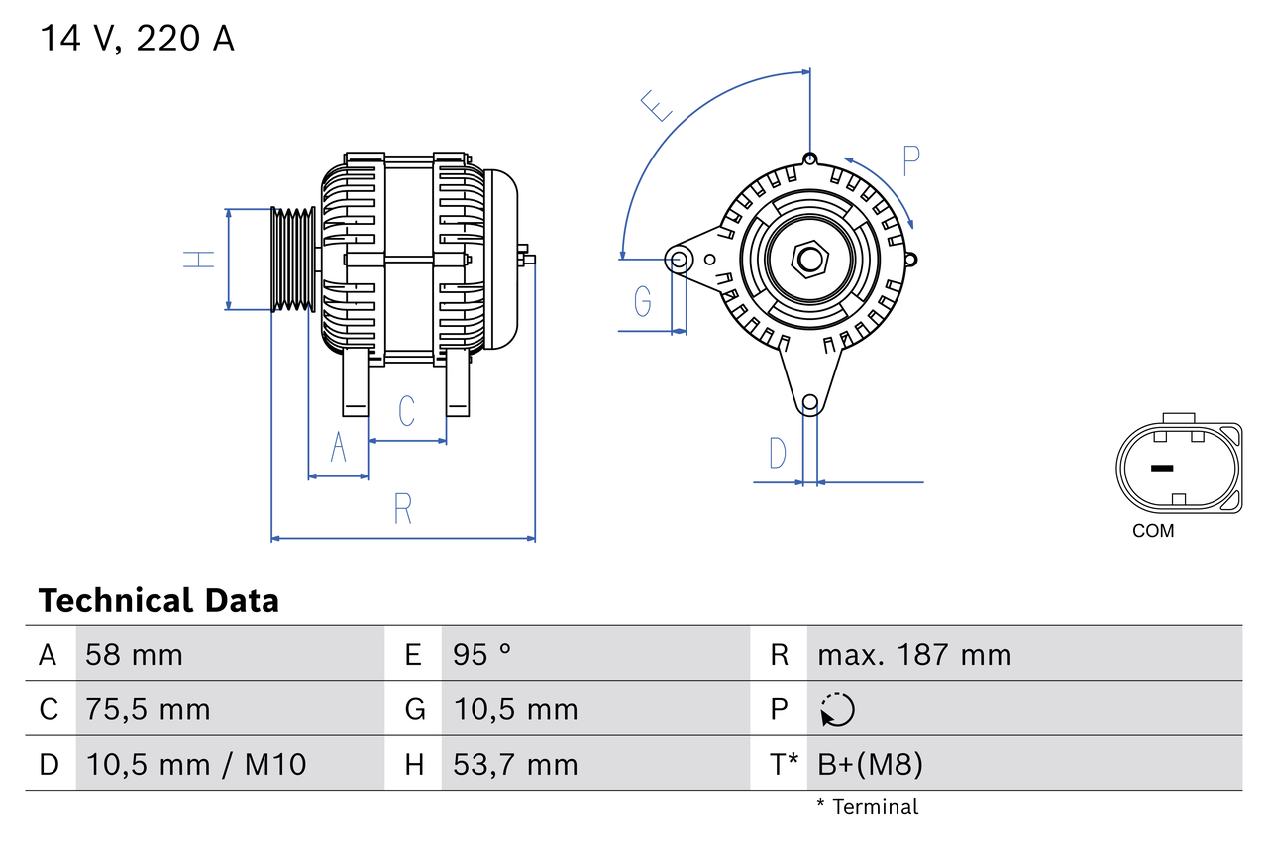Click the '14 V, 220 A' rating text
[x=137, y=39]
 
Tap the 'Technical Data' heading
[x=158, y=601]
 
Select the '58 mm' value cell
[x=134, y=655]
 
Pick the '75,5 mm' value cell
[x=148, y=709]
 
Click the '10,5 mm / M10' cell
[x=195, y=764]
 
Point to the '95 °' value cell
[x=482, y=655]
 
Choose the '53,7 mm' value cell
[x=515, y=764]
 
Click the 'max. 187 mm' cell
[x=913, y=655]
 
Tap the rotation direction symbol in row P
[x=837, y=709]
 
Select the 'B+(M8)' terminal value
[x=870, y=764]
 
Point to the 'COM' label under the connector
[x=1153, y=532]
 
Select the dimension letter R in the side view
[x=402, y=508]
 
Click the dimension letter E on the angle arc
[x=656, y=105]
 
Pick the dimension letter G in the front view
[x=643, y=300]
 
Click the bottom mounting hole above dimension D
[x=809, y=402]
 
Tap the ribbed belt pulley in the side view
[x=294, y=260]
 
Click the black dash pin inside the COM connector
[x=1161, y=468]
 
